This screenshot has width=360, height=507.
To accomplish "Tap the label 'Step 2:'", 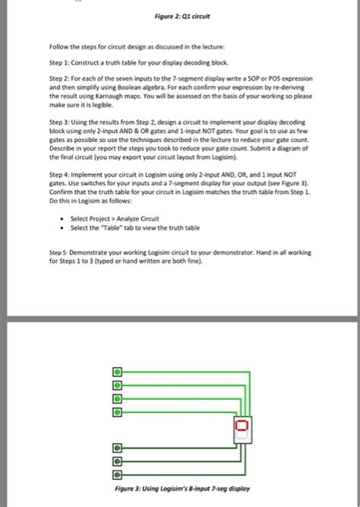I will click(60, 78).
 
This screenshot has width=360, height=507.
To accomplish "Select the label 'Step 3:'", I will click(60, 122).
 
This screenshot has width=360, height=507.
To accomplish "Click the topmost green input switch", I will click(117, 372).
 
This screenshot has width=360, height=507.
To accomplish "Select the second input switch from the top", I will click(117, 385).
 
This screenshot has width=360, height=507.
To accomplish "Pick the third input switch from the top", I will click(117, 398).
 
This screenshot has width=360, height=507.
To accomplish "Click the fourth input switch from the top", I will click(117, 412).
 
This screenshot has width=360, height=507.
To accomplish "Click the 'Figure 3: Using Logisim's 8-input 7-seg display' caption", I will click(180, 489).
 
